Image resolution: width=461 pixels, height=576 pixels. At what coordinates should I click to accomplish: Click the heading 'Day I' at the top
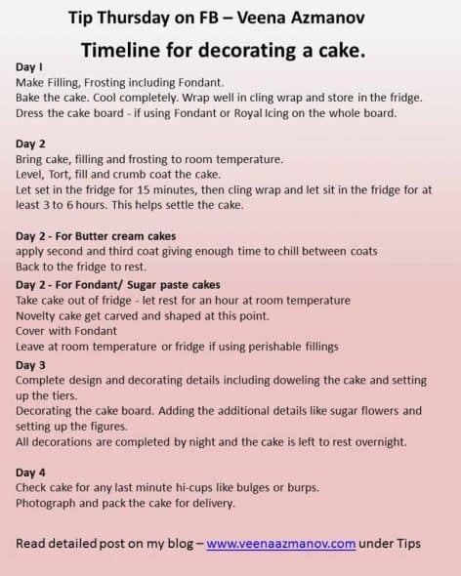(30, 66)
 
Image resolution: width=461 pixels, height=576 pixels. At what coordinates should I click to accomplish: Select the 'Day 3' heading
(31, 364)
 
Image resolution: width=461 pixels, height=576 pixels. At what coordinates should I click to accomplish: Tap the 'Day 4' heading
(31, 472)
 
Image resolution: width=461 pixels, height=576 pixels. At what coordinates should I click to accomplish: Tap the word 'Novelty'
(39, 315)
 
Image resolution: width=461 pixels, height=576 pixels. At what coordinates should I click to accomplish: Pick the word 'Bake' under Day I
(31, 98)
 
